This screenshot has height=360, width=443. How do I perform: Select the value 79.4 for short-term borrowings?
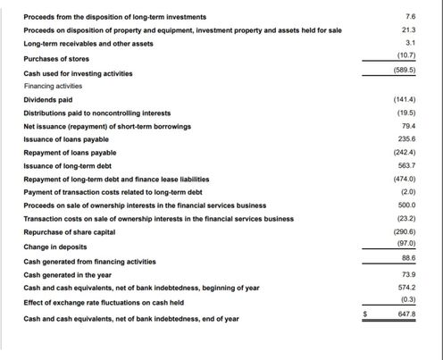tap(409, 126)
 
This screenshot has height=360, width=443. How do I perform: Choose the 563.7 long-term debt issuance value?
tap(407, 166)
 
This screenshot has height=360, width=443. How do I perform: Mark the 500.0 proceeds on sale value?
tap(407, 205)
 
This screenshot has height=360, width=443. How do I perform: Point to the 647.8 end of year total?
tap(407, 315)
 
